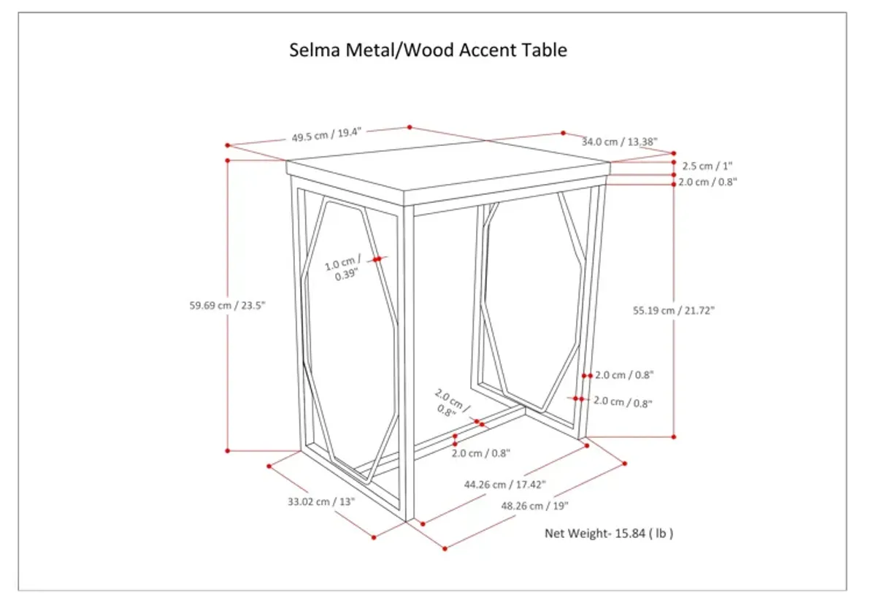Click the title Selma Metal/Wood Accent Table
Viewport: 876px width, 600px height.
(x=428, y=50)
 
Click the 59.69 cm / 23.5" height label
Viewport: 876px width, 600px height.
(x=227, y=306)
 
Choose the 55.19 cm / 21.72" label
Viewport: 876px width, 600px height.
(x=673, y=310)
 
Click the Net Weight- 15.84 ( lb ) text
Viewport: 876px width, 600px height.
(x=609, y=534)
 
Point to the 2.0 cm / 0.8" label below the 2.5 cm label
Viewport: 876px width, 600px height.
(x=707, y=182)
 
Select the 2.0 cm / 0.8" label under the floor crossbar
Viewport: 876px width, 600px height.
(x=480, y=453)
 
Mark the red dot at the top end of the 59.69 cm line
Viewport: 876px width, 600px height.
(x=228, y=160)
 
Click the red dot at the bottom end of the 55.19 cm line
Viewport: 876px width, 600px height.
(x=674, y=436)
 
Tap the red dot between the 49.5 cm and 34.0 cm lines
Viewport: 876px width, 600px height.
(x=563, y=133)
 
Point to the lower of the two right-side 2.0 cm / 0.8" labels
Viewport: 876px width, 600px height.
(x=623, y=402)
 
